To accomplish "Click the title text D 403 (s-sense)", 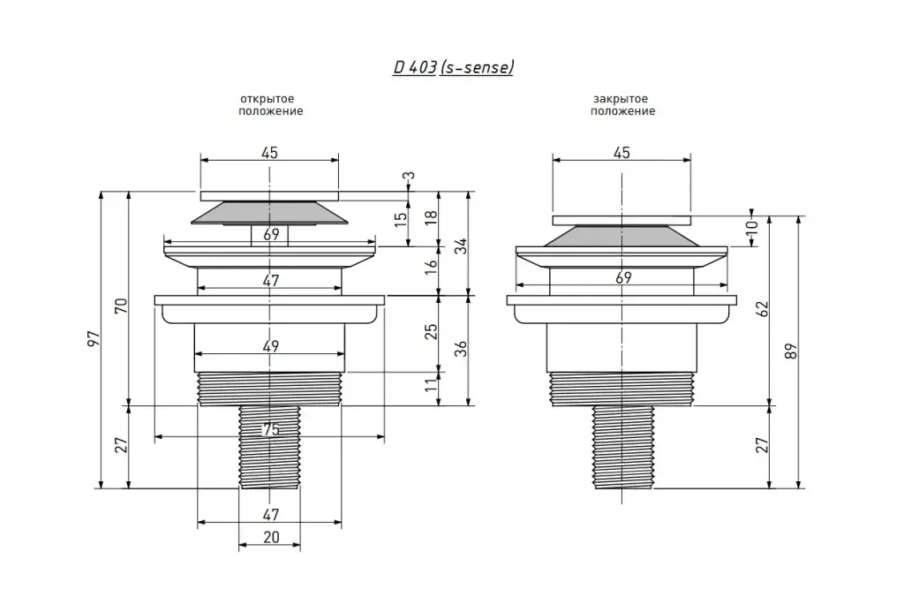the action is pos(453,67).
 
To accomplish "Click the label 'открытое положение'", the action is pos(270,105).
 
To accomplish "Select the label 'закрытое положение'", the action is pos(622,105).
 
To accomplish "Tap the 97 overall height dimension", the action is pos(94,339).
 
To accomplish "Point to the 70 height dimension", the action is pos(121,306).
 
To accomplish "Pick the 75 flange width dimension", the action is pos(270,430).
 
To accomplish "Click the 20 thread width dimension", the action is pos(271,537).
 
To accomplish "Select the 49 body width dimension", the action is pos(270,346).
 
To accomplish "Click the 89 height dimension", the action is pos(791,351).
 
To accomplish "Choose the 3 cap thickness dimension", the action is pos(409,176).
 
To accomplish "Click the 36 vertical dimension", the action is pos(461,348).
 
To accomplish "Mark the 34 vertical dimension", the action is pos(461,246).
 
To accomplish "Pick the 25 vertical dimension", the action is pos(431,332).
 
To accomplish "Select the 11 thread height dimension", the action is pos(431,385).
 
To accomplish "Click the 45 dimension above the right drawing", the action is pos(621,153).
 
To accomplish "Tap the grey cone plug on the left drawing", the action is pos(269,213).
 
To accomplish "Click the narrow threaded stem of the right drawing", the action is pos(623,447).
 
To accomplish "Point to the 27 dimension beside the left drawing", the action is pos(121,445).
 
